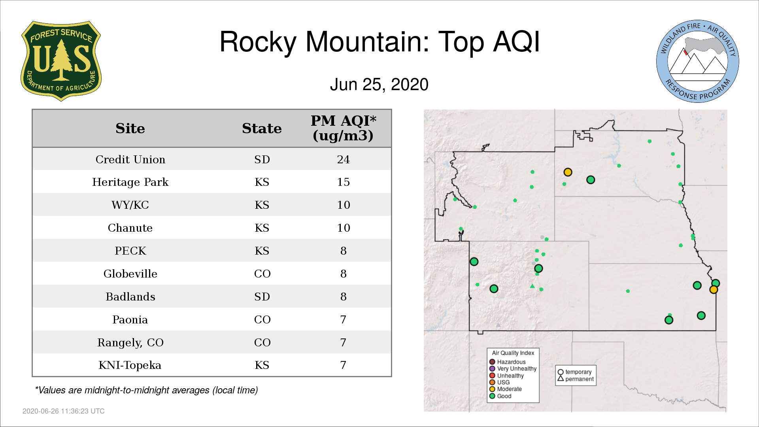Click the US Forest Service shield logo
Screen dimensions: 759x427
[61, 61]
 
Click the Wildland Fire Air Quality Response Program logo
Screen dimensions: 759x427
[698, 61]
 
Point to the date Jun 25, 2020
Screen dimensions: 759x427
[379, 85]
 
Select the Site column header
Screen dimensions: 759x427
[130, 128]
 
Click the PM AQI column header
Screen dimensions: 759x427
[343, 128]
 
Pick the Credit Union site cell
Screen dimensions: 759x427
[130, 159]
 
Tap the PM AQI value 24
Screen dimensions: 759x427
[343, 159]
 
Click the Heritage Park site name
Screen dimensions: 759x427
[130, 182]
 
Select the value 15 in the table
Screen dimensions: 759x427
[343, 182]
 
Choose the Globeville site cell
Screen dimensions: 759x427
[130, 274]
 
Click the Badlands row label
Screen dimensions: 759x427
[130, 297]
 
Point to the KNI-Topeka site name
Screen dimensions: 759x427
[130, 365]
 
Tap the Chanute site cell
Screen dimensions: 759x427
[130, 228]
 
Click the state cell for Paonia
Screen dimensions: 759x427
[262, 319]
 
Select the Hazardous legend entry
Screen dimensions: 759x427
[508, 362]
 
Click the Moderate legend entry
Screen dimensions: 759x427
[506, 389]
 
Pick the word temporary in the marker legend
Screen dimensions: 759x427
[578, 372]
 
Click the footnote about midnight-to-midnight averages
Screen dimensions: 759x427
[146, 390]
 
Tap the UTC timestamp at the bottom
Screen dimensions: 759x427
[64, 411]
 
